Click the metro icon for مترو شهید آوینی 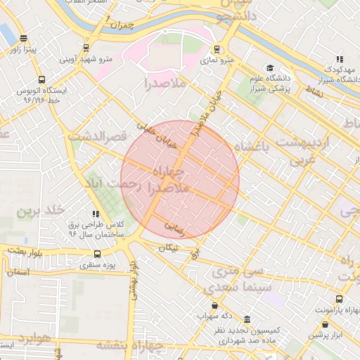86,49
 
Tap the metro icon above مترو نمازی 217,50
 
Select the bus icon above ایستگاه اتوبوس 41,80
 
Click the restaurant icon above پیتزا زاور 25,39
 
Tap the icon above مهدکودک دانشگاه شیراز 340,59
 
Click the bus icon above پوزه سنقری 96,255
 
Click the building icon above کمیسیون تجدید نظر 247,319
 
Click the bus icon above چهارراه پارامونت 340,299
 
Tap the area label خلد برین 41,211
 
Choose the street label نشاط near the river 314,91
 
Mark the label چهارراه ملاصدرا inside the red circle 169,180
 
